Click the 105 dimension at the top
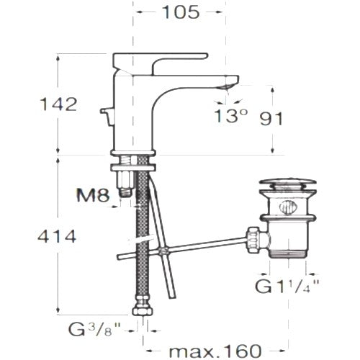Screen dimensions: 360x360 click(181, 12)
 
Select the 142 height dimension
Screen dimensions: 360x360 click(58, 104)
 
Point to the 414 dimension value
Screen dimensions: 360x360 click(57, 236)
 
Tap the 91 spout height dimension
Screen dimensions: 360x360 click(271, 119)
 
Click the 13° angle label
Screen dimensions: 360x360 click(230, 116)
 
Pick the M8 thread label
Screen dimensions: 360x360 click(93, 195)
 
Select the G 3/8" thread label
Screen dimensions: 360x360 click(94, 330)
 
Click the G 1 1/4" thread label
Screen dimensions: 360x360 click(287, 287)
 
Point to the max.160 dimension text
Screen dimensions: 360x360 click(215, 351)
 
